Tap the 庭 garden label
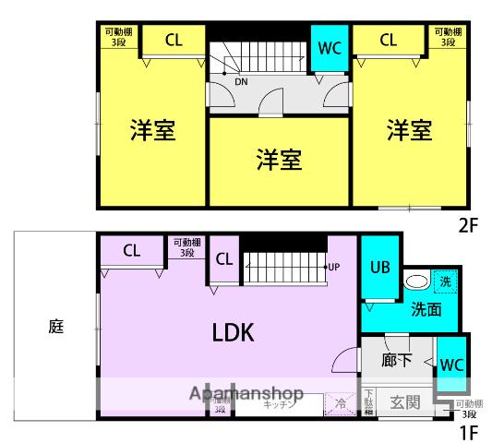(54, 327)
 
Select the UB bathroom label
(379, 268)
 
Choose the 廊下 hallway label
(396, 360)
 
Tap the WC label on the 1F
(451, 364)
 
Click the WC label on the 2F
(330, 47)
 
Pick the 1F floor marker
(470, 430)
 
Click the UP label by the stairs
(334, 268)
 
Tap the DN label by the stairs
(240, 81)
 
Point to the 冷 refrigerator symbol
(340, 403)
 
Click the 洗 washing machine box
(444, 281)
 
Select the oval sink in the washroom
(416, 281)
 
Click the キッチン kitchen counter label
(278, 404)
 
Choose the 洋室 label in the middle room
(278, 159)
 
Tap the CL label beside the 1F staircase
(224, 258)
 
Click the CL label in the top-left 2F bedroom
(173, 40)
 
